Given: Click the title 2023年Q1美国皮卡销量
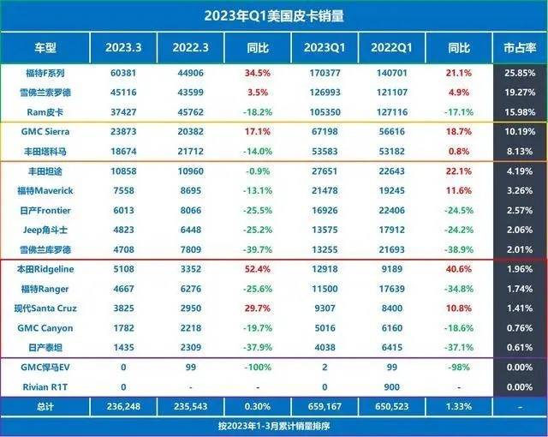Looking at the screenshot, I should click(x=275, y=16).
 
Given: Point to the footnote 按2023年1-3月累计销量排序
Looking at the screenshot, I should click(x=275, y=425).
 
